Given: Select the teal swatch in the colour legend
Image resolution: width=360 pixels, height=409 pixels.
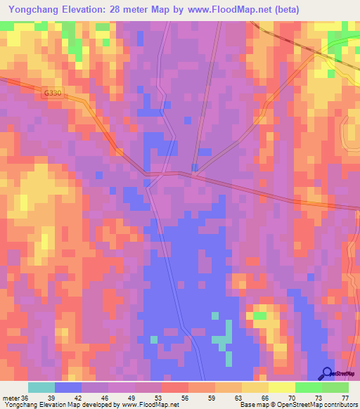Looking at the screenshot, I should coord(41,387).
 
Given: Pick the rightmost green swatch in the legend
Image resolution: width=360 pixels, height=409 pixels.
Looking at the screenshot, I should coord(335,387).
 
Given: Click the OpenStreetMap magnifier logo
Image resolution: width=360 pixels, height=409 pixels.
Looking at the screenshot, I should coord(327,373).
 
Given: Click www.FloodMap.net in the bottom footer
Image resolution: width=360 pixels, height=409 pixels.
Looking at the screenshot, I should coord(149,405).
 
